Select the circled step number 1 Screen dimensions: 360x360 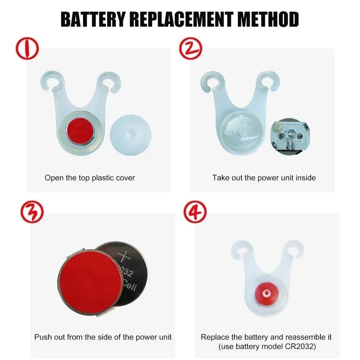(x=27, y=50)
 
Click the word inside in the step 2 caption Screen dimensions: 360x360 (x=306, y=177)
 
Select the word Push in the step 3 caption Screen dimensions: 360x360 (x=43, y=337)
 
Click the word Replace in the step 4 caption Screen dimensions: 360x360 (x=214, y=337)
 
